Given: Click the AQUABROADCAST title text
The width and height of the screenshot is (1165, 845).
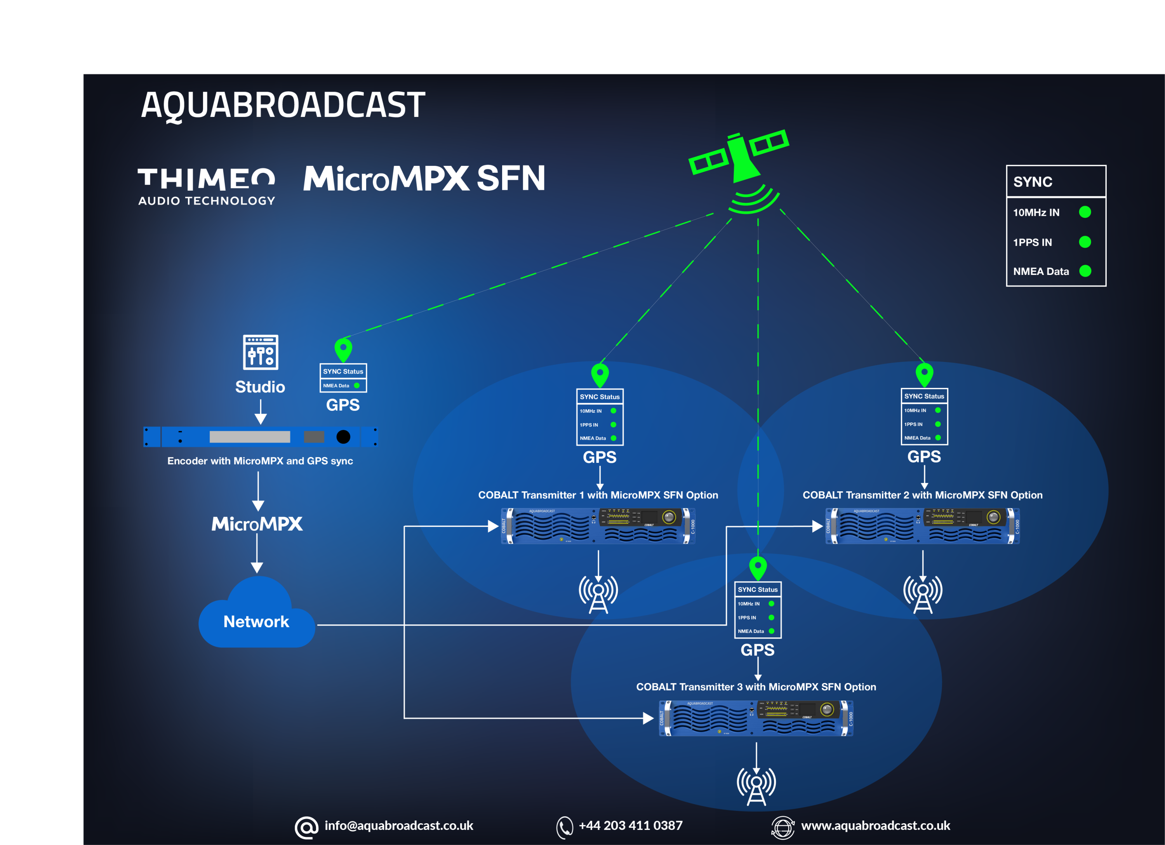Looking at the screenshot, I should click(283, 105).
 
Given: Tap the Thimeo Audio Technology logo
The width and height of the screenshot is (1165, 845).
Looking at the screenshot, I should click(207, 186).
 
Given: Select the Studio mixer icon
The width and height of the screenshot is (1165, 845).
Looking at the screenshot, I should click(261, 352).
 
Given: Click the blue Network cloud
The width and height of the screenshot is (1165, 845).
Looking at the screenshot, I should click(256, 616).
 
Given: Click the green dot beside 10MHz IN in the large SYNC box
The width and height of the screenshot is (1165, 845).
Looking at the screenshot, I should click(1085, 212).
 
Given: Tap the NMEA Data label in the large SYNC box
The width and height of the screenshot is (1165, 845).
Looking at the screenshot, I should click(1041, 271).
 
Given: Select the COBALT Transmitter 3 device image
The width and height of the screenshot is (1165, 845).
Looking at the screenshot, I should click(756, 718).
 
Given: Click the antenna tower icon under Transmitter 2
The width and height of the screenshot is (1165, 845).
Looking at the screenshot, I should click(923, 594).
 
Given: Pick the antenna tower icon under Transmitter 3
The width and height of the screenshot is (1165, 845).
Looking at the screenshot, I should click(756, 786).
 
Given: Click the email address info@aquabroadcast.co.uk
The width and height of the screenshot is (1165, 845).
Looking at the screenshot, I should click(398, 826).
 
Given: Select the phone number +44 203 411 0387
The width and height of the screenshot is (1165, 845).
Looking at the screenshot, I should click(630, 826).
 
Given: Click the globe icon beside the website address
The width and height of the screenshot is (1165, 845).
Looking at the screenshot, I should click(782, 828).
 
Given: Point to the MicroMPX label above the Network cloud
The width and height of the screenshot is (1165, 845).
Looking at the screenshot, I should click(257, 524).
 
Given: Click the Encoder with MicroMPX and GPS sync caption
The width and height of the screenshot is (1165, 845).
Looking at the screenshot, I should click(260, 461).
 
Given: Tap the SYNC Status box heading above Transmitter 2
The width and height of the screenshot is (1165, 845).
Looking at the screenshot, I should click(924, 396).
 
